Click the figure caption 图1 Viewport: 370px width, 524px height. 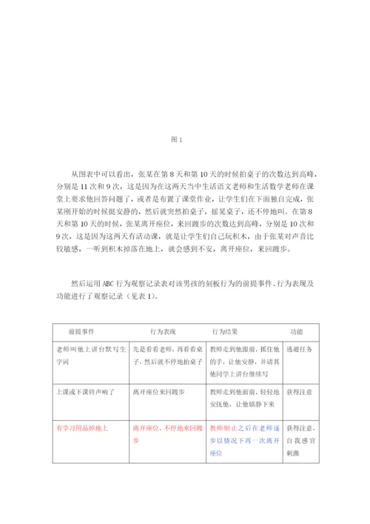click(x=176, y=139)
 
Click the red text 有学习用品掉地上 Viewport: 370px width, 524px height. click(x=81, y=428)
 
